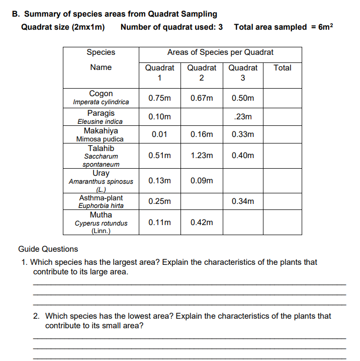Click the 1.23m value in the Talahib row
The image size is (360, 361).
pyautogui.click(x=202, y=156)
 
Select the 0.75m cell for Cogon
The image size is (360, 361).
pyautogui.click(x=159, y=98)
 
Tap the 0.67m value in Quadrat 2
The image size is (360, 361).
pyautogui.click(x=202, y=98)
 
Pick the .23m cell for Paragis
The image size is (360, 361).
pyautogui.click(x=243, y=117)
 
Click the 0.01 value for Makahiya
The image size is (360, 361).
pyautogui.click(x=159, y=134)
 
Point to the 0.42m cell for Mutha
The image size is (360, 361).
pyautogui.click(x=202, y=222)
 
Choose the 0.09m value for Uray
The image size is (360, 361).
pyautogui.click(x=202, y=180)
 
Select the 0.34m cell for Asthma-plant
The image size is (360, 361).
pyautogui.click(x=243, y=201)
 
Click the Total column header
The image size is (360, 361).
pyautogui.click(x=282, y=67)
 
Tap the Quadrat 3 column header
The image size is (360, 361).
pyautogui.click(x=243, y=73)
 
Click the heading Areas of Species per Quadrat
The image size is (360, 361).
pyautogui.click(x=220, y=52)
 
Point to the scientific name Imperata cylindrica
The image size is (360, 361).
pyautogui.click(x=101, y=102)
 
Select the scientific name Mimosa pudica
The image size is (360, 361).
pyautogui.click(x=101, y=139)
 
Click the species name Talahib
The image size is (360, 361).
pyautogui.click(x=101, y=148)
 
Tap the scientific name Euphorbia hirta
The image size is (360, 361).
pyautogui.click(x=101, y=205)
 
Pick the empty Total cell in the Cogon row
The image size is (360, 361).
pyautogui.click(x=282, y=98)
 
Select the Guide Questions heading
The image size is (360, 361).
pyautogui.click(x=48, y=249)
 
